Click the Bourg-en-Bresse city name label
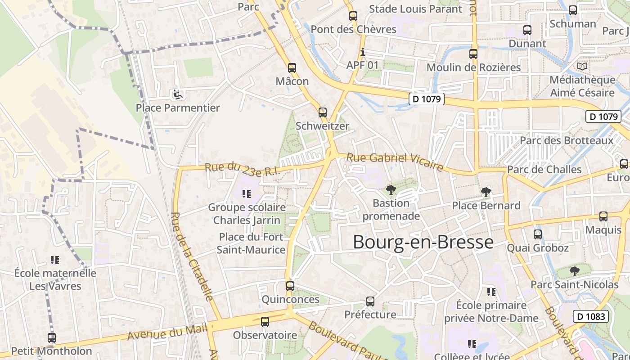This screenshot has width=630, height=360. pyautogui.click(x=423, y=242)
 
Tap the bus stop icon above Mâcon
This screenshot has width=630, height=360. pyautogui.click(x=292, y=68)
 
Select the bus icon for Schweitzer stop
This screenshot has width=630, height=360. pyautogui.click(x=322, y=112)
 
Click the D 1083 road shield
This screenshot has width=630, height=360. pyautogui.click(x=591, y=316)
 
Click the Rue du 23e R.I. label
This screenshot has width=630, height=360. pyautogui.click(x=243, y=169)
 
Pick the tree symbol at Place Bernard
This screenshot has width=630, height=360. pyautogui.click(x=486, y=193)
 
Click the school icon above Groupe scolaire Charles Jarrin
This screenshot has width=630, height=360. pyautogui.click(x=246, y=194)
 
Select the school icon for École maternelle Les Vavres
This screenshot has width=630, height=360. pyautogui.click(x=55, y=260)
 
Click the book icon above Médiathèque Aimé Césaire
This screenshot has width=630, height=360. pyautogui.click(x=582, y=67)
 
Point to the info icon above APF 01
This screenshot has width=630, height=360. pyautogui.click(x=363, y=52)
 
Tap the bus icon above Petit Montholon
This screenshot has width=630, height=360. pyautogui.click(x=52, y=337)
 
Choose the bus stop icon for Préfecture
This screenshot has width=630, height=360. pyautogui.click(x=370, y=301)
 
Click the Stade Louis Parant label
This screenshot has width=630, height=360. pyautogui.click(x=415, y=9)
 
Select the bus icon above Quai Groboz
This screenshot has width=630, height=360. pyautogui.click(x=538, y=234)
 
